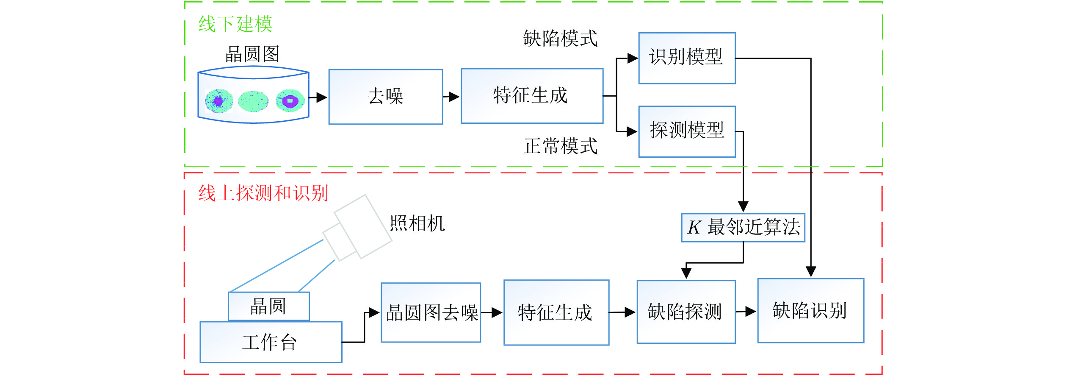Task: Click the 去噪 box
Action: tap(385, 97)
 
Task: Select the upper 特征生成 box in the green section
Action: tap(531, 96)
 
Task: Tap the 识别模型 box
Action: tap(686, 58)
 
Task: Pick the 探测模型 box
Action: tap(686, 131)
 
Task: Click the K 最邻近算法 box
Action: tap(743, 228)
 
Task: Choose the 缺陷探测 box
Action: tap(686, 312)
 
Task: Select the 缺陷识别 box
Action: tap(810, 310)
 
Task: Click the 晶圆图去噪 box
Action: tap(431, 312)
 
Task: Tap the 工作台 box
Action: tap(271, 342)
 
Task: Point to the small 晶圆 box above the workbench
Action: tap(268, 306)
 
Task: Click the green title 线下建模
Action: tap(235, 24)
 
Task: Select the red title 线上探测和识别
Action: tap(263, 193)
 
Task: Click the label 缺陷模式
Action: tap(560, 39)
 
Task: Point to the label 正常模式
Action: tap(560, 146)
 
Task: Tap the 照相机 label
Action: tap(417, 223)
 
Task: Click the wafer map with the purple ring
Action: tap(290, 101)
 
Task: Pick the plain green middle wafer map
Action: tap(253, 101)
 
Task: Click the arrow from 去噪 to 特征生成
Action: tap(451, 97)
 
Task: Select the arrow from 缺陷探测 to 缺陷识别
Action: tap(746, 312)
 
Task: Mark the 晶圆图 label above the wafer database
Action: tap(252, 54)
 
